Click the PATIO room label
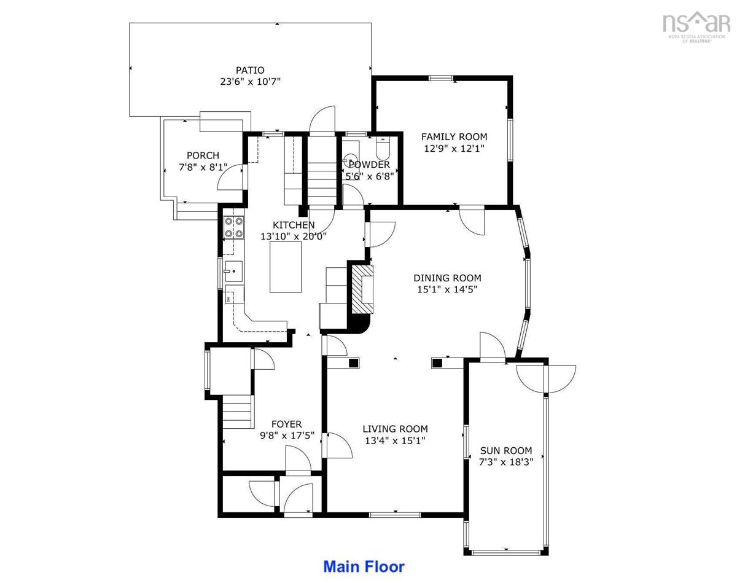(x=250, y=70)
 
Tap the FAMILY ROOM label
(x=454, y=136)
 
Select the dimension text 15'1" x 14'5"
(x=447, y=289)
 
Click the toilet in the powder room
(x=383, y=147)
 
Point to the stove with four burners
(x=234, y=228)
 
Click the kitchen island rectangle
(x=286, y=267)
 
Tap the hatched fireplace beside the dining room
(x=362, y=289)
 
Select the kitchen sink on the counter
(x=234, y=272)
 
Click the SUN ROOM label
(x=506, y=450)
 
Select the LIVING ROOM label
(x=395, y=429)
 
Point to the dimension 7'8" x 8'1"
(x=203, y=168)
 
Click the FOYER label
(x=287, y=424)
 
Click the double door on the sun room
(x=546, y=380)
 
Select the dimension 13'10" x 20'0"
(x=294, y=237)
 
